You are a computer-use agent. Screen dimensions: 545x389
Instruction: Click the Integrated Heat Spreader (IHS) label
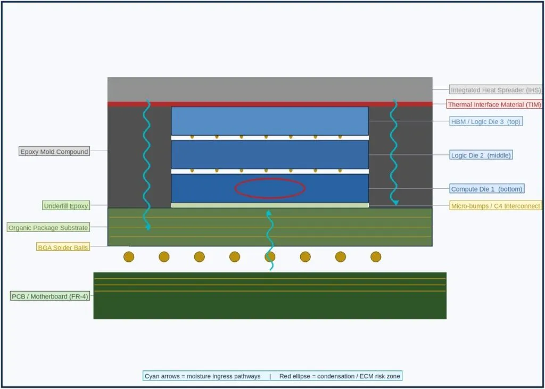496,90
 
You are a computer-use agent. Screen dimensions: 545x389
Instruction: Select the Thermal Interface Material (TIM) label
494,104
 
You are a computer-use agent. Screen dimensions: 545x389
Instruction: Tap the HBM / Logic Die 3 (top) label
485,121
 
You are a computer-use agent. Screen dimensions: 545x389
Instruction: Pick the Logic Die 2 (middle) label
481,155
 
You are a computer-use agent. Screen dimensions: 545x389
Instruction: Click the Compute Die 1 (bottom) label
486,189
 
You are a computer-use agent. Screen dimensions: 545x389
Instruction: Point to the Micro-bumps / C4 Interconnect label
496,206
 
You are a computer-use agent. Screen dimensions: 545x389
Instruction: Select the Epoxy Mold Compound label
54,152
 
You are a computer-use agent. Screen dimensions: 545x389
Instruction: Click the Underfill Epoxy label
66,206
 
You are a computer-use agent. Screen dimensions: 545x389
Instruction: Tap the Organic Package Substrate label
48,228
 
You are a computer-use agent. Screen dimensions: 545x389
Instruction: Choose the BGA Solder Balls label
63,247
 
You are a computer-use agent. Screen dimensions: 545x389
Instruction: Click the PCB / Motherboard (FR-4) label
50,296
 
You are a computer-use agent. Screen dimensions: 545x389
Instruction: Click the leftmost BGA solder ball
129,257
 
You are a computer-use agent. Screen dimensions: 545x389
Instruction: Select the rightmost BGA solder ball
376,257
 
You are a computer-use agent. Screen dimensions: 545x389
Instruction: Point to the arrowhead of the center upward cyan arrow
268,212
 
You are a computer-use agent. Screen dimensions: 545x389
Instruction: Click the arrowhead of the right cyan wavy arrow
395,203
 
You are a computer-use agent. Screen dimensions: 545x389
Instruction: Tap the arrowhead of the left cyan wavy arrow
148,228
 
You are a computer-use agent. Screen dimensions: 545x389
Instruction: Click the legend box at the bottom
272,376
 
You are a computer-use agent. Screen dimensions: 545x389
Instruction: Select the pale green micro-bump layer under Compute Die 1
270,205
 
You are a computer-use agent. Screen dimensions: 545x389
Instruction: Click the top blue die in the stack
270,121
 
